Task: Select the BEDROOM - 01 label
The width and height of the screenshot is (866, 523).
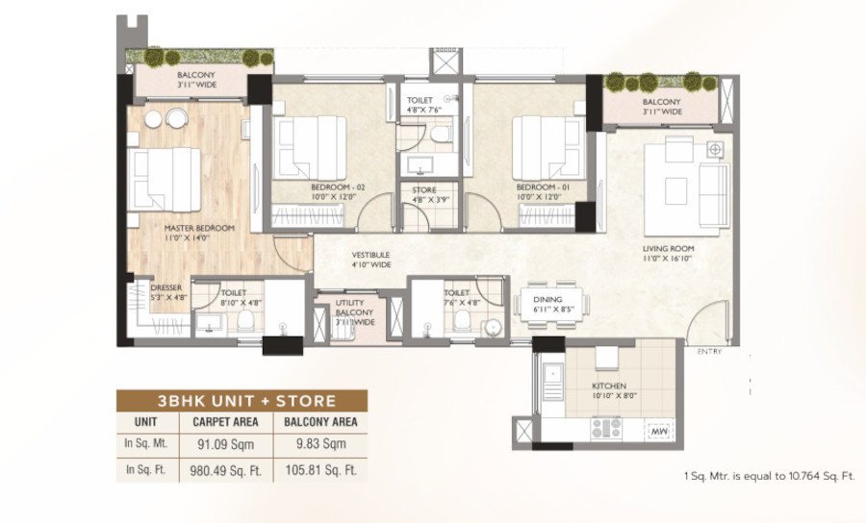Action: click(x=538, y=187)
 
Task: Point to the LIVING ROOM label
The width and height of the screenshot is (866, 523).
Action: click(x=669, y=249)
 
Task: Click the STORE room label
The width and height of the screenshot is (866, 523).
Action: click(x=424, y=190)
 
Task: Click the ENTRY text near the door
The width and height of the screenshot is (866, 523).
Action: click(x=710, y=353)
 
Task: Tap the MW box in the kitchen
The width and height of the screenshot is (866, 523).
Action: click(x=659, y=433)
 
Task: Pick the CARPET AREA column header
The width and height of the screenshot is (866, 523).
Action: click(x=222, y=420)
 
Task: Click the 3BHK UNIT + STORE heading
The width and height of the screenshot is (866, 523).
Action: click(x=241, y=400)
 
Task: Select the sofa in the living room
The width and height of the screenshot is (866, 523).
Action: click(x=713, y=189)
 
